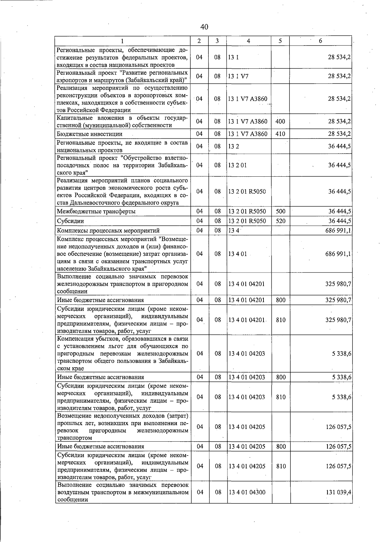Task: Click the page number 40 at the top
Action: (x=204, y=27)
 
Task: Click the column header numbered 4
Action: (x=249, y=41)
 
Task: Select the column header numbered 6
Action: (x=320, y=41)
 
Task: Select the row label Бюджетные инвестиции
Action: (x=89, y=134)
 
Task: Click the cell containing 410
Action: (x=280, y=134)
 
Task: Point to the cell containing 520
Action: (x=281, y=221)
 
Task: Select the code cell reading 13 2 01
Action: (x=237, y=165)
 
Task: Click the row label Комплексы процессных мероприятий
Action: (x=108, y=230)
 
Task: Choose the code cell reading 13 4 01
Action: (x=237, y=254)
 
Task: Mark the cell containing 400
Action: (x=280, y=122)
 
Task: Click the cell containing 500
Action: (x=281, y=211)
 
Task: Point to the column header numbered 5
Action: (x=280, y=41)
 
